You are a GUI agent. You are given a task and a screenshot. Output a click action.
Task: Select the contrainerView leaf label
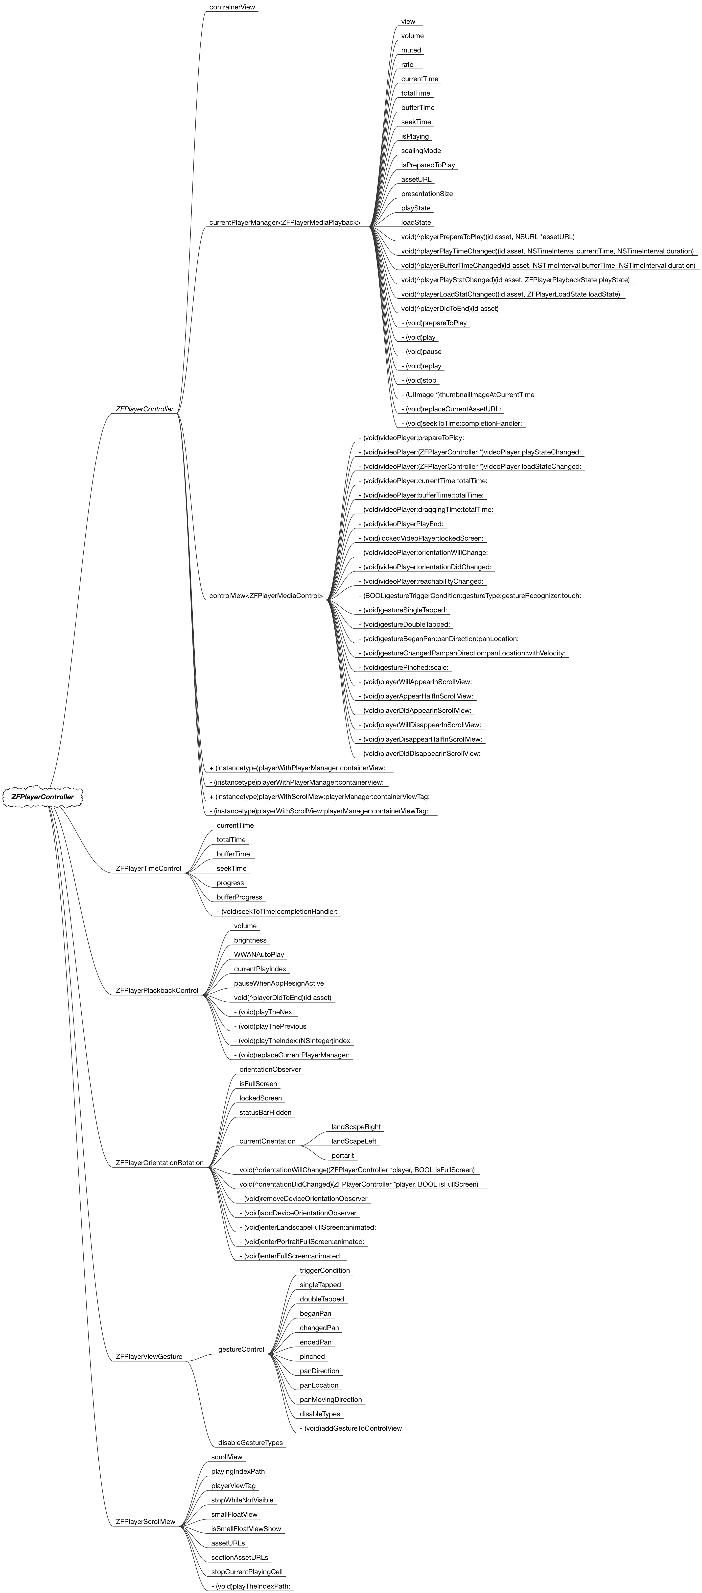tap(232, 7)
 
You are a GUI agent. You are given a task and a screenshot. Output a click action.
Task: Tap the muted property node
tap(411, 50)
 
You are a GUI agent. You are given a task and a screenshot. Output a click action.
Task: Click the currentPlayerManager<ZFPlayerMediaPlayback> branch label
tap(285, 223)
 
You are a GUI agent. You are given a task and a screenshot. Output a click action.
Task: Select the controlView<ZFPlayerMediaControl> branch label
tap(266, 596)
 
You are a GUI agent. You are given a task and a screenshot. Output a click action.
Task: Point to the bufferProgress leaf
tap(239, 897)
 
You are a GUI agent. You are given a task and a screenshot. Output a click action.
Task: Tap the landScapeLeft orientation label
tap(353, 1142)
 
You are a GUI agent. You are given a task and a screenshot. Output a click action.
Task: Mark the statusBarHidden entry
tap(265, 1113)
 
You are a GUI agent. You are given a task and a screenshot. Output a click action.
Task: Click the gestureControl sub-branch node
tap(241, 1349)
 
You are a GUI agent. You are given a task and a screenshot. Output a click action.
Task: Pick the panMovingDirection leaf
tap(331, 1399)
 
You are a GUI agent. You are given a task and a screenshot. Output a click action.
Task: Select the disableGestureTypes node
tap(250, 1443)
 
